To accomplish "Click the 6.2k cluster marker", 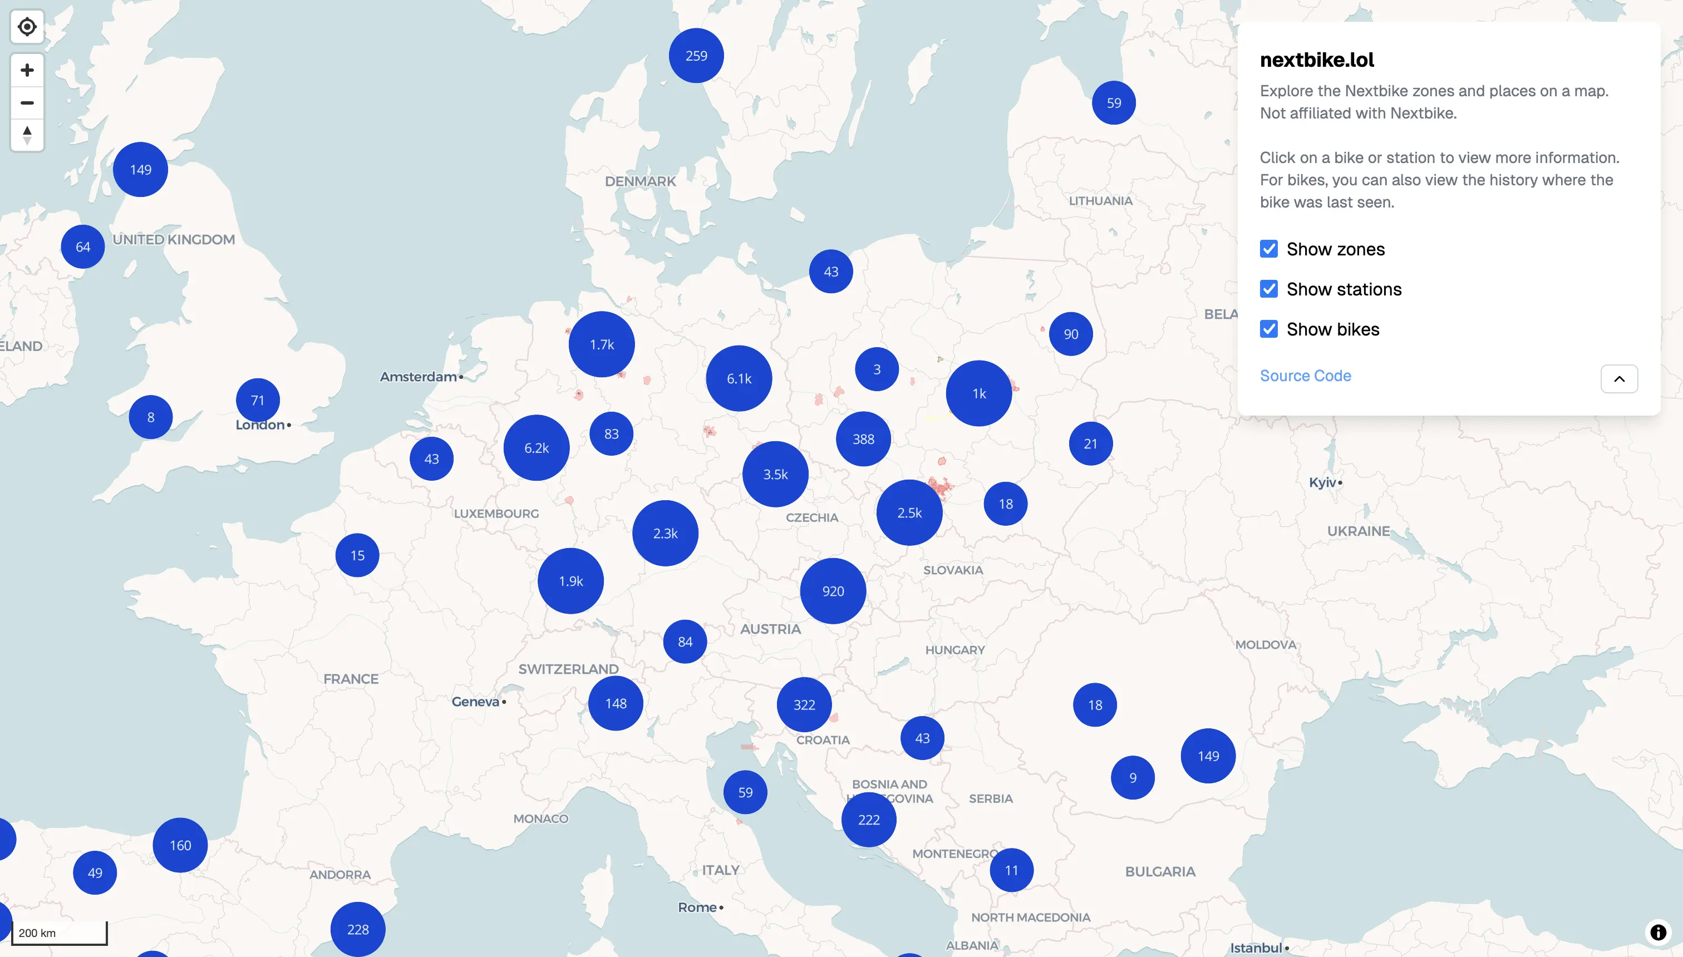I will [x=537, y=447].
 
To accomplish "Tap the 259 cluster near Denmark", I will [x=696, y=56].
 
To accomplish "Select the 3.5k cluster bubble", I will [x=775, y=474].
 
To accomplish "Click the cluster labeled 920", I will [x=833, y=591].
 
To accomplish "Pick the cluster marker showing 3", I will [x=877, y=369].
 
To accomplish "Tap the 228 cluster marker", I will [x=358, y=929].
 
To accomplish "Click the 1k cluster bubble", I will [x=979, y=393].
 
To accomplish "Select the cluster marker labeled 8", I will [x=151, y=417].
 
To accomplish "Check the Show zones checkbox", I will [x=1269, y=249].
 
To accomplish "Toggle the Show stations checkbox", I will [x=1269, y=289].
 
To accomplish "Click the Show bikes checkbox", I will [x=1269, y=329].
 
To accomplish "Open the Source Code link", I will [x=1305, y=376].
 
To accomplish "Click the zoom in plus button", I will [x=27, y=70].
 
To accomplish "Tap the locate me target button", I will [x=27, y=27].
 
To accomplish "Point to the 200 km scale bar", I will [x=59, y=933].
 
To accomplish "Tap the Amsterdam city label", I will [x=418, y=377].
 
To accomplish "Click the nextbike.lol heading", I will [x=1316, y=60].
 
